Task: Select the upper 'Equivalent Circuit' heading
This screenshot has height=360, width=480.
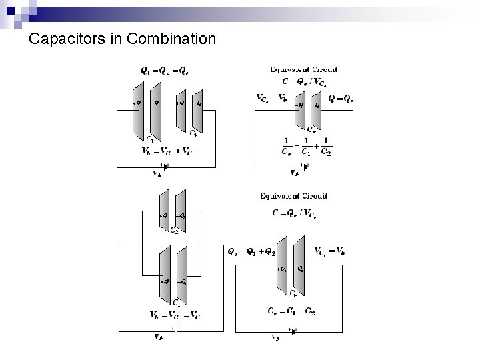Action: click(x=303, y=69)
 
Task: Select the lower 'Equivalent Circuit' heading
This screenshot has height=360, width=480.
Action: click(x=293, y=196)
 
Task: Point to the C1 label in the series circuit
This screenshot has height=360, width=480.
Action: click(x=150, y=139)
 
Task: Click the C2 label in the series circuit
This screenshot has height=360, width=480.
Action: click(x=193, y=133)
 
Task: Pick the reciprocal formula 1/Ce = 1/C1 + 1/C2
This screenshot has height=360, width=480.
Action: click(x=307, y=146)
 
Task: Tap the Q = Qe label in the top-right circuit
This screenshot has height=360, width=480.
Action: click(x=341, y=99)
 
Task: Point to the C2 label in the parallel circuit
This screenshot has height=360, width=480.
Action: click(x=174, y=231)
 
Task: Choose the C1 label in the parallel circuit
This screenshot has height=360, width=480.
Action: click(x=175, y=302)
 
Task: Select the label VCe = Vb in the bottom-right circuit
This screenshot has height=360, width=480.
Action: click(x=329, y=251)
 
